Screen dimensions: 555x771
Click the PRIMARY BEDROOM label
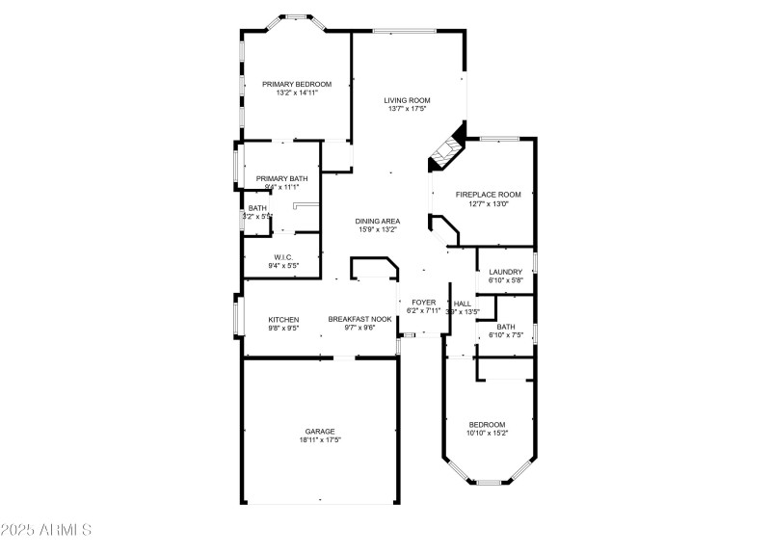tap(297, 84)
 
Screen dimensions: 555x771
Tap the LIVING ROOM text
tap(407, 100)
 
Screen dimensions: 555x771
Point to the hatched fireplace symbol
tap(445, 150)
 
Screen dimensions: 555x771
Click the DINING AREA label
tap(379, 221)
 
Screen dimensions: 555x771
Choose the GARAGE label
tap(320, 431)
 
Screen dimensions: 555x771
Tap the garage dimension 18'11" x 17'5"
tap(320, 439)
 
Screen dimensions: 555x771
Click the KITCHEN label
tap(283, 319)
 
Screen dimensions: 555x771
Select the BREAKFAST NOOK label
tap(359, 319)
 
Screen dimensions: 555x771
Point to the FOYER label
tap(424, 303)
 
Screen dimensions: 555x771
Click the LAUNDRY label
tap(505, 272)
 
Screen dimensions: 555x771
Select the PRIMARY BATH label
tap(281, 178)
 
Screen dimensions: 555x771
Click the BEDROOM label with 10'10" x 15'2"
tap(487, 424)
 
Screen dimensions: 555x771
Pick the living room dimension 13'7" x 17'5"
tap(407, 109)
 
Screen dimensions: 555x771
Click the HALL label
tap(463, 303)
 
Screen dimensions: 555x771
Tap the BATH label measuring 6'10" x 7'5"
tap(505, 327)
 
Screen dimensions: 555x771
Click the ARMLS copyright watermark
tap(46, 530)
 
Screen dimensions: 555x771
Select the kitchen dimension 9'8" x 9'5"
tap(283, 328)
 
